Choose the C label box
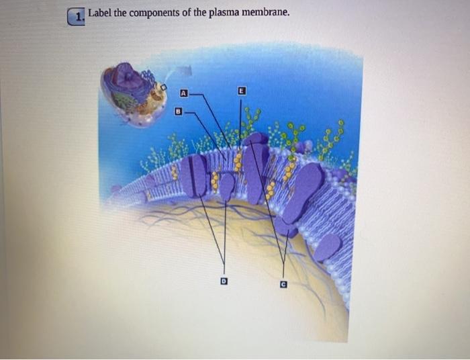tap(284, 284)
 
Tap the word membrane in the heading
tap(266, 13)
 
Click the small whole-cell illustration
tap(134, 93)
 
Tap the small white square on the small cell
tap(162, 87)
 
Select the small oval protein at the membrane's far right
tap(327, 247)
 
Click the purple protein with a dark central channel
tap(197, 176)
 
